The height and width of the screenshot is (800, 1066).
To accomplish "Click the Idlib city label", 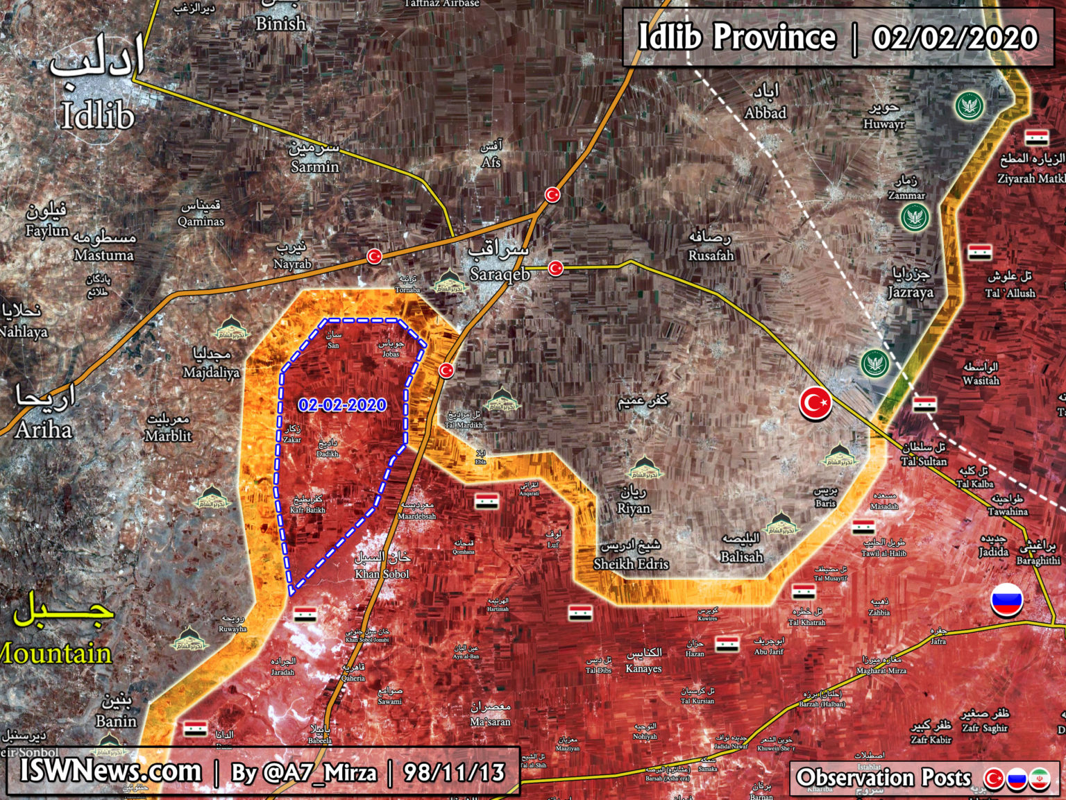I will click(97, 115).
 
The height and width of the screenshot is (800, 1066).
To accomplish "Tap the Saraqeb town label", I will click(500, 274).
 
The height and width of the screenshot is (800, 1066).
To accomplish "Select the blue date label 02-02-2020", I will click(342, 405).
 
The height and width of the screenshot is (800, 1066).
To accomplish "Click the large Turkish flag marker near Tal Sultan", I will click(815, 403).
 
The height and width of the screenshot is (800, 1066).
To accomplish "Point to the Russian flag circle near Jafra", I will click(1007, 600).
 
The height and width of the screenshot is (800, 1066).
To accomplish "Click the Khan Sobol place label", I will click(382, 574).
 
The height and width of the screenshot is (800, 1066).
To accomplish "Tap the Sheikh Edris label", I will click(631, 563).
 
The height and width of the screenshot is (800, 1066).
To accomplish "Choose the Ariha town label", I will click(43, 430).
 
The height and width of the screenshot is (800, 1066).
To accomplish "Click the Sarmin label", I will click(314, 167).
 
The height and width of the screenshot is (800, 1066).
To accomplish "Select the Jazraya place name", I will click(911, 292).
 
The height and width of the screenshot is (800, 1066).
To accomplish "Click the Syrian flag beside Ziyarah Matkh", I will click(1037, 137).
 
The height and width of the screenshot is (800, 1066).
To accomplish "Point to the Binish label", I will click(280, 24).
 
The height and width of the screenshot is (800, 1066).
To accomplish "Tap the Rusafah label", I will click(711, 255).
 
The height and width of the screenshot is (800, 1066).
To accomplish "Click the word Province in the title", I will click(775, 37).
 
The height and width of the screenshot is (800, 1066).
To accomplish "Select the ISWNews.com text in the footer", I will click(110, 771).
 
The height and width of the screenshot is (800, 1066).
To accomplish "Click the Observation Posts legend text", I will click(883, 778).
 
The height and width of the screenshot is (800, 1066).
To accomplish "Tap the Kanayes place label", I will click(643, 669).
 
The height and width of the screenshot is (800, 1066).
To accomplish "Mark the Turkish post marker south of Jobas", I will click(446, 371).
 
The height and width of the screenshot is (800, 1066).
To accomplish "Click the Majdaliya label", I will click(211, 373).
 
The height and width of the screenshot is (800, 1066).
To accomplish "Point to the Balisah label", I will click(741, 556).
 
